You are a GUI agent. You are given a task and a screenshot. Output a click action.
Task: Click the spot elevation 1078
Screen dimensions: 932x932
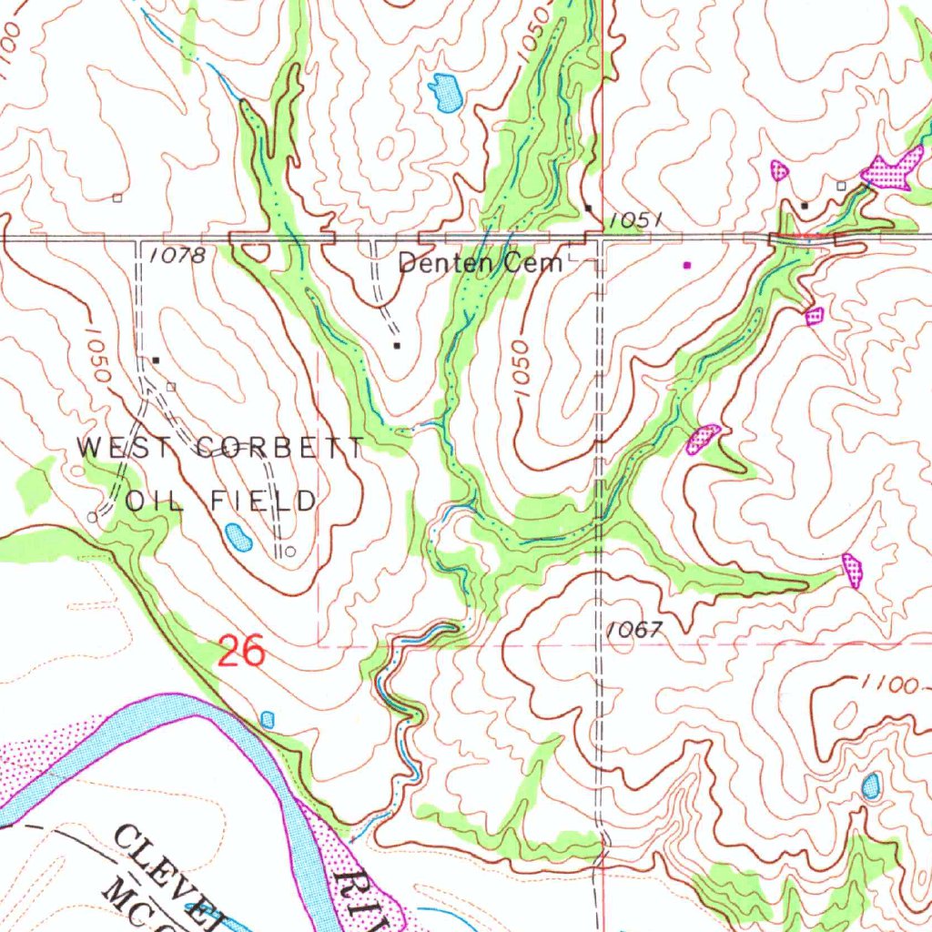click(x=177, y=257)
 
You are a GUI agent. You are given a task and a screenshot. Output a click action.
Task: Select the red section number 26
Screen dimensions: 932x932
click(x=241, y=652)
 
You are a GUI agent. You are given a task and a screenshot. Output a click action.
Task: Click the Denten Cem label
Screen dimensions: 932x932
click(x=481, y=264)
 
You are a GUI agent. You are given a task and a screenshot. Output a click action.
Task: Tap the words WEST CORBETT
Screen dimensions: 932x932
click(x=221, y=448)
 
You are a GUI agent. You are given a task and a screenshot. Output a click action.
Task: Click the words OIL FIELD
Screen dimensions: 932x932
click(x=221, y=500)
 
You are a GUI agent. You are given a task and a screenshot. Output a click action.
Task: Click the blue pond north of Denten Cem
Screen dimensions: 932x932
click(x=446, y=92)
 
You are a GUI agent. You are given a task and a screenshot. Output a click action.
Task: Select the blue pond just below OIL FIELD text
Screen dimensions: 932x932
click(x=238, y=537)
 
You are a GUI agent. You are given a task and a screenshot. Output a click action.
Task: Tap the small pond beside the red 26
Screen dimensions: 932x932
click(x=268, y=719)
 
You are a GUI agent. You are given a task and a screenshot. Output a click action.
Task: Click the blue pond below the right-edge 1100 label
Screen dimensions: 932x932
click(x=871, y=785)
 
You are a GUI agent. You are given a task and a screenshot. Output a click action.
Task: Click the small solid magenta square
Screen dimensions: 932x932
click(x=687, y=265)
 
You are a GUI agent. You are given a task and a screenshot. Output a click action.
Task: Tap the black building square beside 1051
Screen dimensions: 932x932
click(x=589, y=208)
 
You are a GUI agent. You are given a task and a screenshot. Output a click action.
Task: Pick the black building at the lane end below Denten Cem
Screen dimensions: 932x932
click(x=397, y=346)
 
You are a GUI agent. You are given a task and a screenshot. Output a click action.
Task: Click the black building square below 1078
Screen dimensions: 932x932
click(x=156, y=360)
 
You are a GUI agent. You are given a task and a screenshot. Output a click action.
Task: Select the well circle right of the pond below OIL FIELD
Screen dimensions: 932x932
click(x=289, y=552)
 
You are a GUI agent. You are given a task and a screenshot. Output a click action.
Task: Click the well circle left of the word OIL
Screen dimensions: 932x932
click(x=91, y=516)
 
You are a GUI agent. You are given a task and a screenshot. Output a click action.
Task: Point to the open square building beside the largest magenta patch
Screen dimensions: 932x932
click(x=841, y=186)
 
